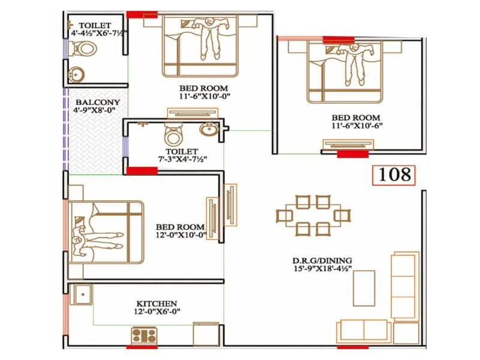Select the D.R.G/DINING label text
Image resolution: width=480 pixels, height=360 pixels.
(x=322, y=260)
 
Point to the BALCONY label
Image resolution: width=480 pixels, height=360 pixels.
(x=93, y=102)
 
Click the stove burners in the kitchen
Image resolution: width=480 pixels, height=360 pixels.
(x=144, y=334)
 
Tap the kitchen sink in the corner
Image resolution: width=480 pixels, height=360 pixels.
(x=82, y=295)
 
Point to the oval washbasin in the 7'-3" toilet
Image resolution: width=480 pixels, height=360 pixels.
(x=209, y=130)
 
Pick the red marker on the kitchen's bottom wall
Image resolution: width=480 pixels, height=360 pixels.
(x=142, y=346)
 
